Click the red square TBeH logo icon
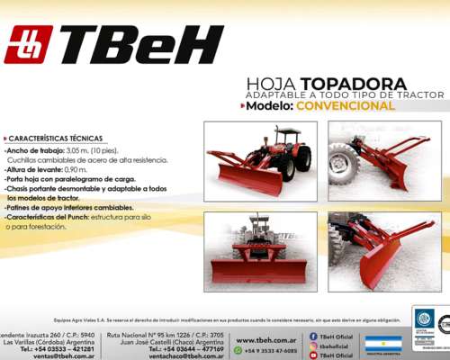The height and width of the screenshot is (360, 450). tap(28, 44)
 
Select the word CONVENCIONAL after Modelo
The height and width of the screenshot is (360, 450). tap(346, 105)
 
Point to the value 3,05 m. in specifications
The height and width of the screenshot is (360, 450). tap(81, 150)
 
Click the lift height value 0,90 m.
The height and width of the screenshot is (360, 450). tap(76, 169)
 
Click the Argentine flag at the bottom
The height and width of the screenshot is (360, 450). tap(382, 344)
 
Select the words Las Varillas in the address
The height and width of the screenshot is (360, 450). tap(23, 341)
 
